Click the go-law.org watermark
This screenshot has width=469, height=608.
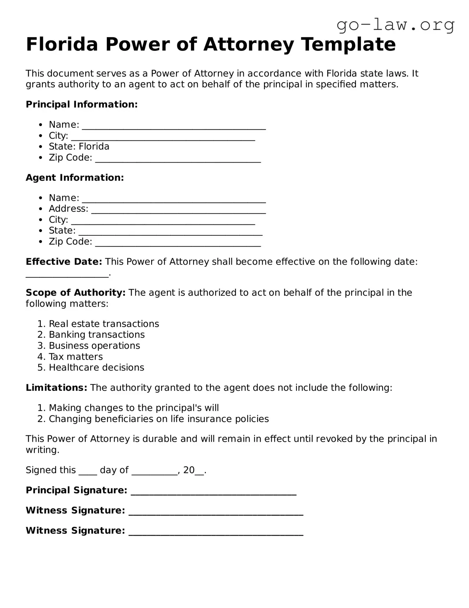tap(395, 25)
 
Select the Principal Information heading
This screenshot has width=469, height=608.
tap(81, 104)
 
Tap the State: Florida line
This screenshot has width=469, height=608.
tap(79, 146)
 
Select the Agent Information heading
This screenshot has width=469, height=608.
tap(75, 177)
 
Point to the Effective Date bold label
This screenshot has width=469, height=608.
tap(64, 262)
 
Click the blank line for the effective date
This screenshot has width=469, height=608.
tap(67, 275)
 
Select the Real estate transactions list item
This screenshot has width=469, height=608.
tap(104, 324)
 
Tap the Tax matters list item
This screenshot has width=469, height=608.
tap(76, 357)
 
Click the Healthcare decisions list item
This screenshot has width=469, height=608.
tap(96, 368)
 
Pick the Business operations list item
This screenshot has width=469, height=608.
tap(94, 346)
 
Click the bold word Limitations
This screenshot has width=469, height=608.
tap(56, 388)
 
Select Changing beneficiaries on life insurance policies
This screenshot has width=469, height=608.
tap(159, 419)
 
